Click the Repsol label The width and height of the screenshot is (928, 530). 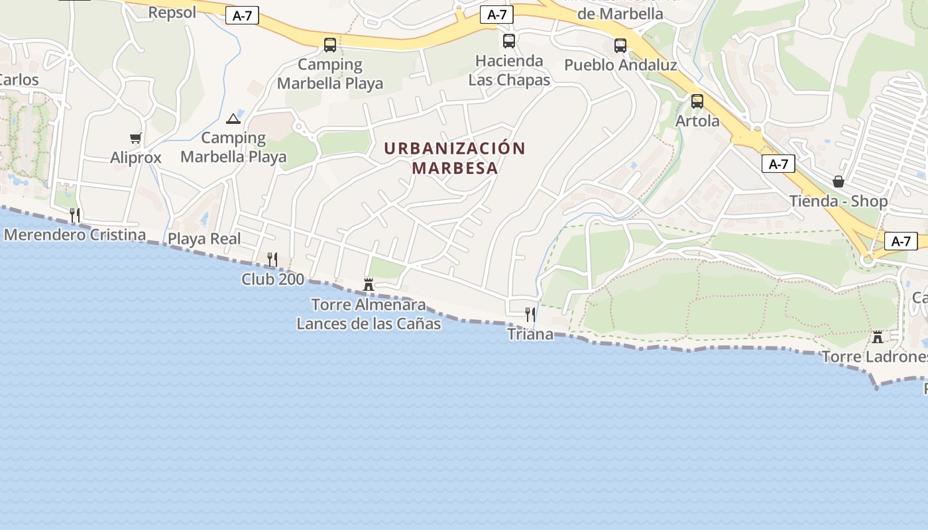172,13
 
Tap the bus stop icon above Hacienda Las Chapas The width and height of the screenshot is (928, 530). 509,41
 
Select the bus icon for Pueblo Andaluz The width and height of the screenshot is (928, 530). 620,46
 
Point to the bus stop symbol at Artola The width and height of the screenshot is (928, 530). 697,101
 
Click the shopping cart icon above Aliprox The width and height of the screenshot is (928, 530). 136,138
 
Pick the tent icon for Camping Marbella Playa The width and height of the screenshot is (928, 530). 233,119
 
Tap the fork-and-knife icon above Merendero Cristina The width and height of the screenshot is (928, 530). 75,215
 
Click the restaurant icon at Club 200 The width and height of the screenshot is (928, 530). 272,259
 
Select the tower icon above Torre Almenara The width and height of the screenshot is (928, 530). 369,285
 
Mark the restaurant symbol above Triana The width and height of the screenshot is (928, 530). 530,314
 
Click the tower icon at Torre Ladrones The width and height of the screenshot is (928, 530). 878,337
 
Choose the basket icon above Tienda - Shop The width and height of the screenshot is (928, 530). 839,182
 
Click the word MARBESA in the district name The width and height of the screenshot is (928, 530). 455,168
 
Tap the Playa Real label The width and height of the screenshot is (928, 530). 204,239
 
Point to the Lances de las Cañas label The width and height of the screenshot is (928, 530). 369,324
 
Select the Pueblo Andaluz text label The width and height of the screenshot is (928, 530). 620,65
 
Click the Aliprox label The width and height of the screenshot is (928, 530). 136,158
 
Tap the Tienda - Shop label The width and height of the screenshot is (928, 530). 839,201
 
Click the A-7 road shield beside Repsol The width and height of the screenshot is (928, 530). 243,16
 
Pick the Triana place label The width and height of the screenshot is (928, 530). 530,334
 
